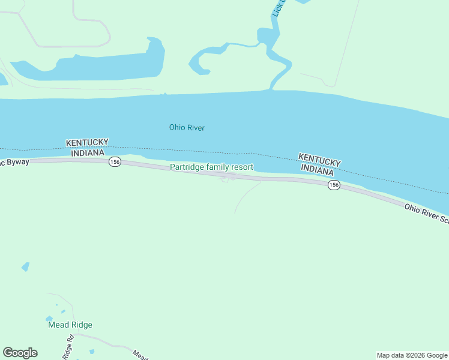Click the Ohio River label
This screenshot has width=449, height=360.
click(x=187, y=127)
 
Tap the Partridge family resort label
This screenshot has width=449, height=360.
click(x=211, y=167)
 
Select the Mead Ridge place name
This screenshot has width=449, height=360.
click(x=70, y=325)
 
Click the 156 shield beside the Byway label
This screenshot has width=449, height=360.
click(x=115, y=162)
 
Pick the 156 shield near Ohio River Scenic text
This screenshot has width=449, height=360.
click(x=334, y=185)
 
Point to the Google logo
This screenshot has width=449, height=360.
click(x=20, y=353)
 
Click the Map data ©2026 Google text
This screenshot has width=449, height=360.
click(x=412, y=355)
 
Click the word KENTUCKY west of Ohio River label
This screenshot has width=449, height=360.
click(x=87, y=142)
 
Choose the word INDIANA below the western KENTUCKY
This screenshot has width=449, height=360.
click(x=88, y=153)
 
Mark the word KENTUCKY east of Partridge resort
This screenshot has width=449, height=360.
click(x=319, y=160)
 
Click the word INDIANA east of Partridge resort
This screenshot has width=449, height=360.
click(x=317, y=170)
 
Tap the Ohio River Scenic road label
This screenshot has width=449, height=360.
click(x=426, y=214)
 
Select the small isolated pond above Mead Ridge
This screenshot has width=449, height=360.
click(x=25, y=266)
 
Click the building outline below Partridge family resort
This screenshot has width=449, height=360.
click(x=224, y=178)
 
